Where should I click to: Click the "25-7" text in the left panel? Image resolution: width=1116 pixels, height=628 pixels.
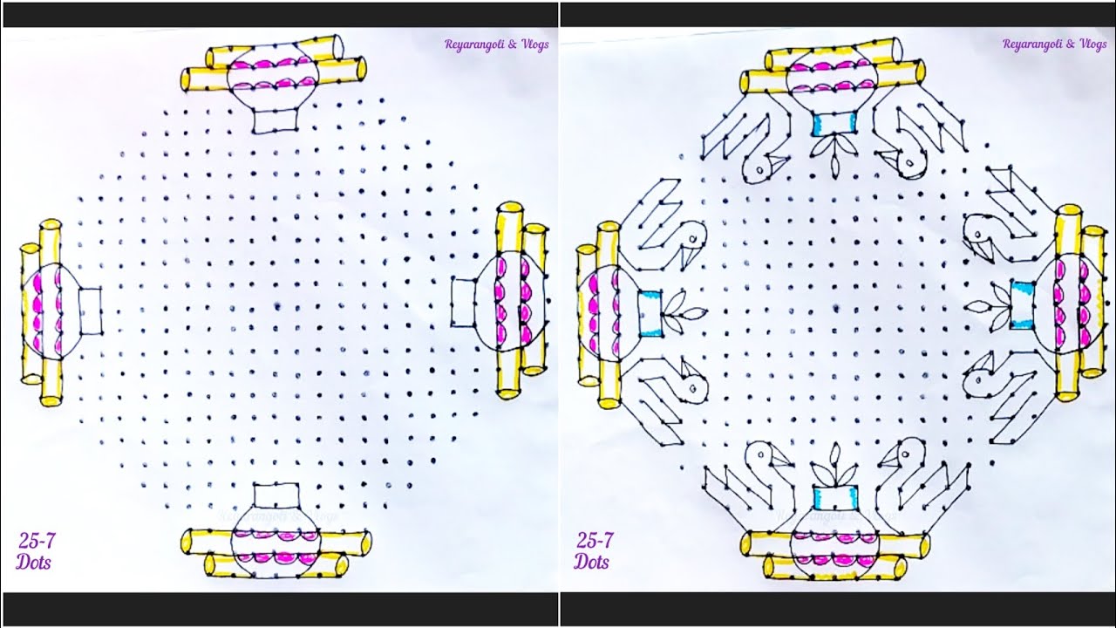tap(37, 541)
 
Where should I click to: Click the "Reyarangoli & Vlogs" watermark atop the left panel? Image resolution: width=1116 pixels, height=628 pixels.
tap(497, 44)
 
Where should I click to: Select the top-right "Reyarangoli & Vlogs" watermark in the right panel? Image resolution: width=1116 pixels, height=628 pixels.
tap(1055, 44)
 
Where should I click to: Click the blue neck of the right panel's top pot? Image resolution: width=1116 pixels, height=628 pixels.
tap(835, 124)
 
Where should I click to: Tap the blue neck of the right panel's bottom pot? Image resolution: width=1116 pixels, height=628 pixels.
tap(834, 498)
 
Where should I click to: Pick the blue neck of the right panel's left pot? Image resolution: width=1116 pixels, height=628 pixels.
tap(650, 314)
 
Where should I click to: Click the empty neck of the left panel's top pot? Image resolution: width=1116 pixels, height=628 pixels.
tap(276, 120)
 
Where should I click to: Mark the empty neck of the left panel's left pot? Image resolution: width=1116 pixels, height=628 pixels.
tap(90, 311)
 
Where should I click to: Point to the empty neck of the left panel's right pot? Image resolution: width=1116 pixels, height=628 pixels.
tap(464, 303)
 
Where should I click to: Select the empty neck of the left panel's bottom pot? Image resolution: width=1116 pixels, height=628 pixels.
tap(276, 495)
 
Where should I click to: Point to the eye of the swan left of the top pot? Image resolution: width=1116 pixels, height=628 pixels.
tap(759, 170)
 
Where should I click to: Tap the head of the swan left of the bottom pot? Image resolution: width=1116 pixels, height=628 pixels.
tap(762, 455)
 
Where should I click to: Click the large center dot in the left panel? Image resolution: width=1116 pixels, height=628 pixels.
tap(276, 305)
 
